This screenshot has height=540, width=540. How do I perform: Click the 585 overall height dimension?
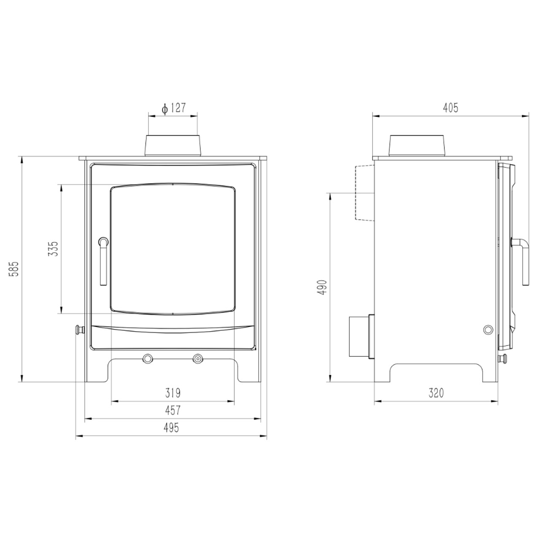[x=14, y=269]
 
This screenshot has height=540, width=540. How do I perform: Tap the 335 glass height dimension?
[x=53, y=248]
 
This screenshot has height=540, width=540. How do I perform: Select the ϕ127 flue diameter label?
[x=174, y=108]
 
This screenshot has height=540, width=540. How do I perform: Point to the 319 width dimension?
[x=173, y=393]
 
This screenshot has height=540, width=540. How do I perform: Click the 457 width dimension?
[x=173, y=410]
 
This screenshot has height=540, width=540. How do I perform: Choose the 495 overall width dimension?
[x=171, y=428]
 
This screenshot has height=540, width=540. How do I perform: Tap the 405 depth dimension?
[x=450, y=108]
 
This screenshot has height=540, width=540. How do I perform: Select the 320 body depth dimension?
[x=436, y=393]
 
